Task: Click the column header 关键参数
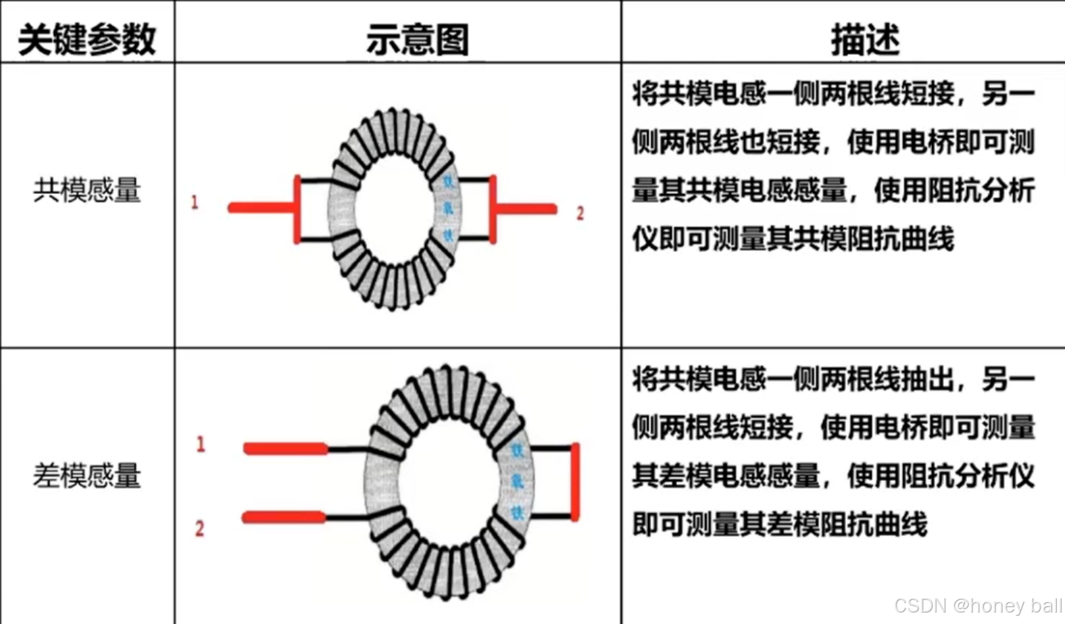[x=86, y=39]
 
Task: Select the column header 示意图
[x=417, y=39]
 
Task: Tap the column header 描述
[x=865, y=39]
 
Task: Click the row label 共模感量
[x=87, y=190]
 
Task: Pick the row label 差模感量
[x=87, y=476]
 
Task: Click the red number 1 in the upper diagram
[x=195, y=201]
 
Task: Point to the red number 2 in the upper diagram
[x=580, y=214]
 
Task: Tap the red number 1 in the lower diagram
[x=200, y=444]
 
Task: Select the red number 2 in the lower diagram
[x=199, y=528]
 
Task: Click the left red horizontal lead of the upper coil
[x=260, y=208]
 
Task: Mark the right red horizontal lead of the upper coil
[x=527, y=210]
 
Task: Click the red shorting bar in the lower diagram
[x=575, y=481]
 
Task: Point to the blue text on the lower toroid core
[x=517, y=481]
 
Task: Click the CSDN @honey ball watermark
[x=977, y=605]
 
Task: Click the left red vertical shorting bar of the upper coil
[x=297, y=209]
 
